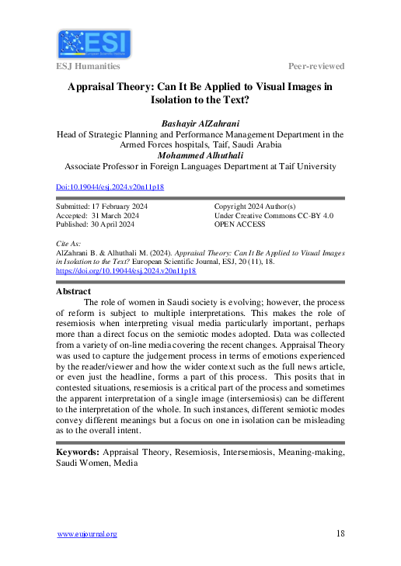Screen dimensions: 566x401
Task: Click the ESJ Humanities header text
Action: [x=88, y=67]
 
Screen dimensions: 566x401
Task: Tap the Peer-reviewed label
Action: [x=316, y=67]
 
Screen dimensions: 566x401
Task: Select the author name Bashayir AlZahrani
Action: [x=200, y=123]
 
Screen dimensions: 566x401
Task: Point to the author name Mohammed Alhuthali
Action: [x=200, y=155]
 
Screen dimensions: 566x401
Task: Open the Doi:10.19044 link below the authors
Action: [x=110, y=187]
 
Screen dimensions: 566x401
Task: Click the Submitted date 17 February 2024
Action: [x=102, y=207]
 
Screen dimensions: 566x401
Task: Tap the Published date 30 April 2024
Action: [x=96, y=225]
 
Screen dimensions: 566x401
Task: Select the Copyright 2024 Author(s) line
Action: [x=255, y=207]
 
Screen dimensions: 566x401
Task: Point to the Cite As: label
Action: [x=68, y=244]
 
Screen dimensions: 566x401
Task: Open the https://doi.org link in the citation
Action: [x=126, y=272]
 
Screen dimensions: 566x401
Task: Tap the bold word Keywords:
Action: [x=77, y=451]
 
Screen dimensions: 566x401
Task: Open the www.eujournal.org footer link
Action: [x=87, y=533]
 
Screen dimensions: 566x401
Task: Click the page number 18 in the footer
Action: [x=340, y=533]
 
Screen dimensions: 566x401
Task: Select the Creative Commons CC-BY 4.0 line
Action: [x=274, y=216]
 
